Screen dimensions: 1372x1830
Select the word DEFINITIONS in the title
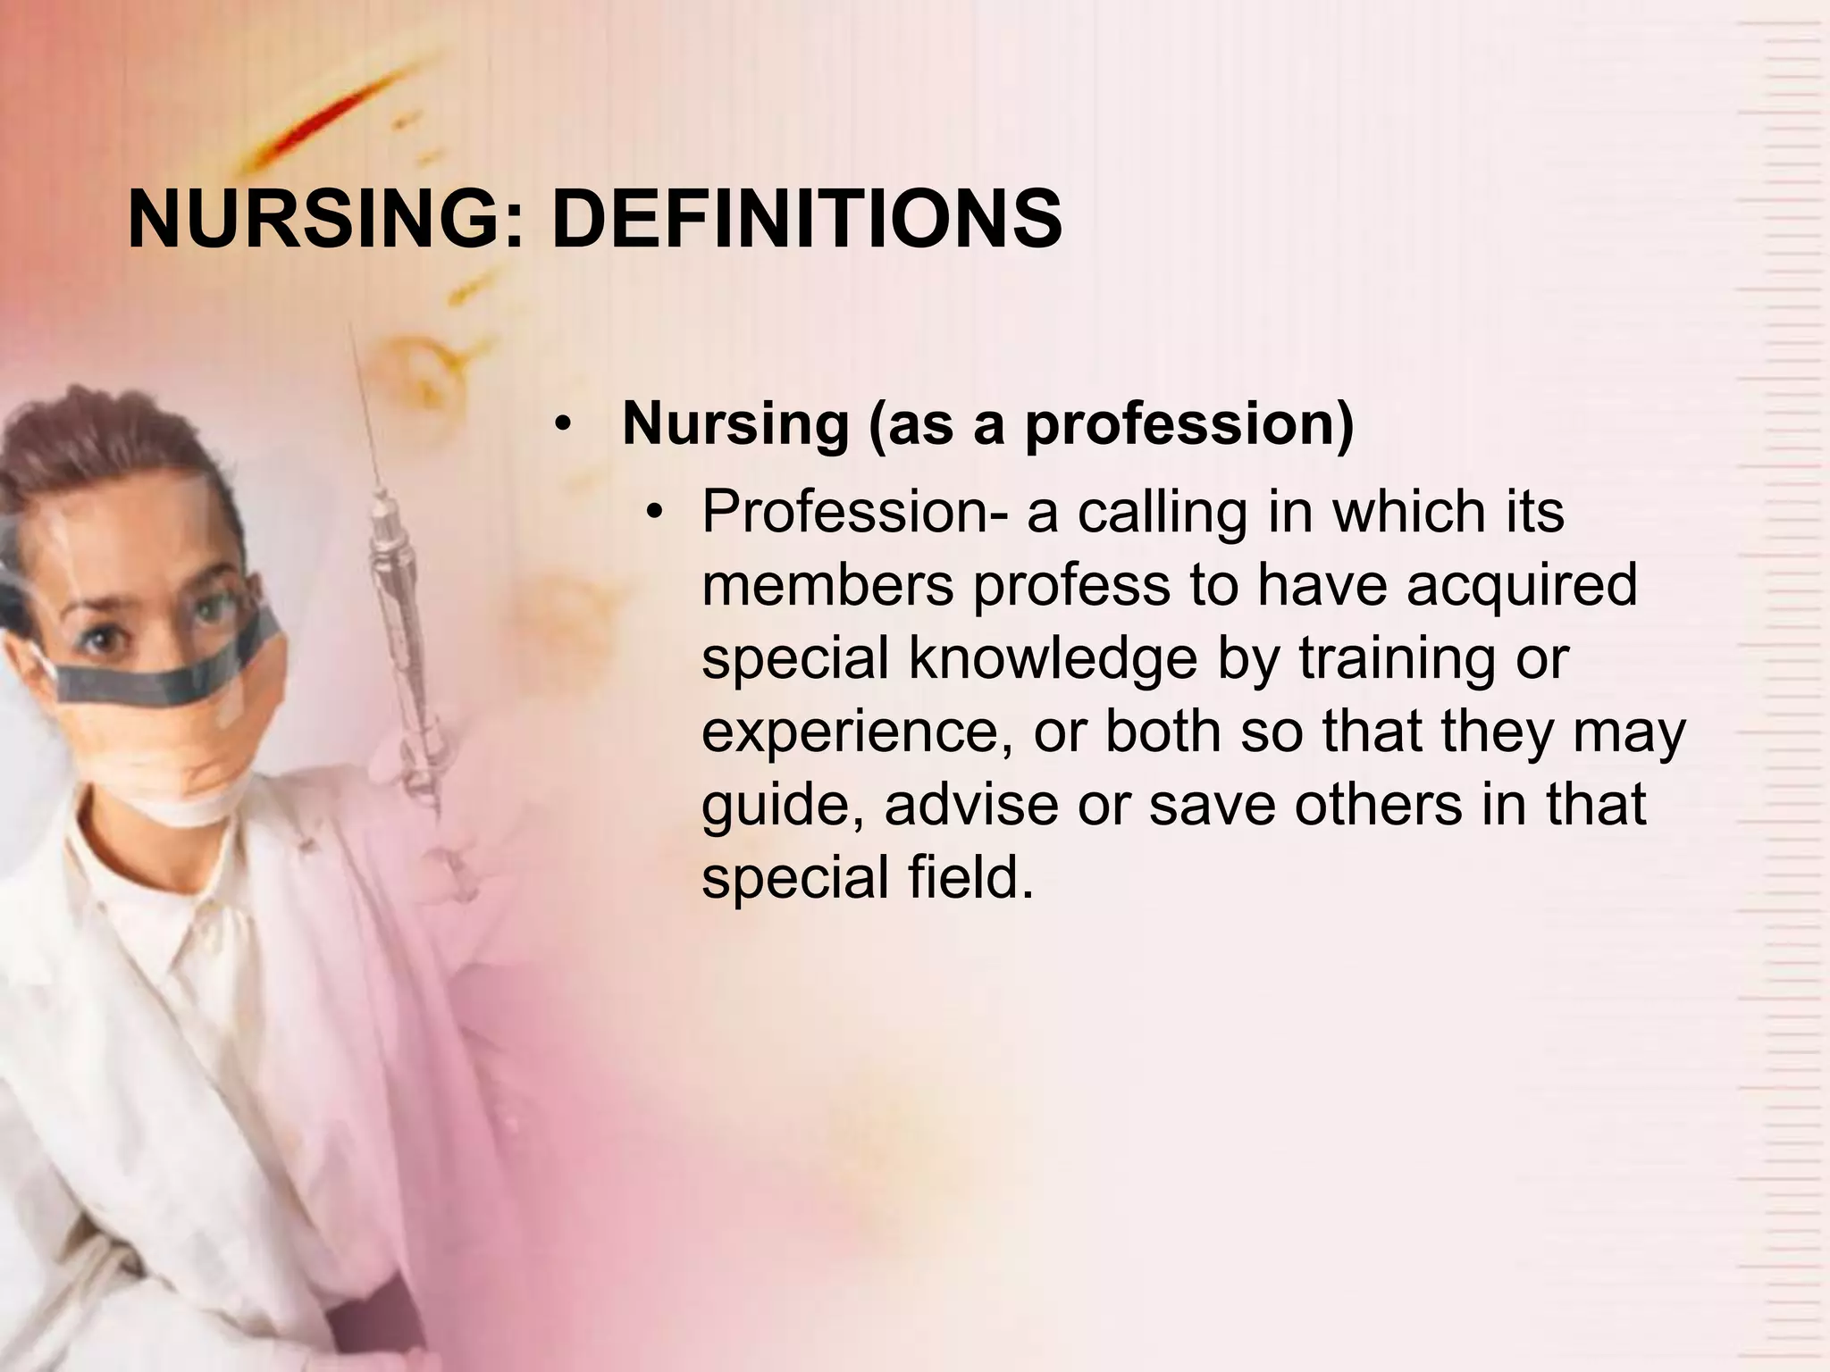tap(806, 220)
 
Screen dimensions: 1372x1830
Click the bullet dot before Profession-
tap(656, 513)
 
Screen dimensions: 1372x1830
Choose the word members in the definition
tap(827, 586)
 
